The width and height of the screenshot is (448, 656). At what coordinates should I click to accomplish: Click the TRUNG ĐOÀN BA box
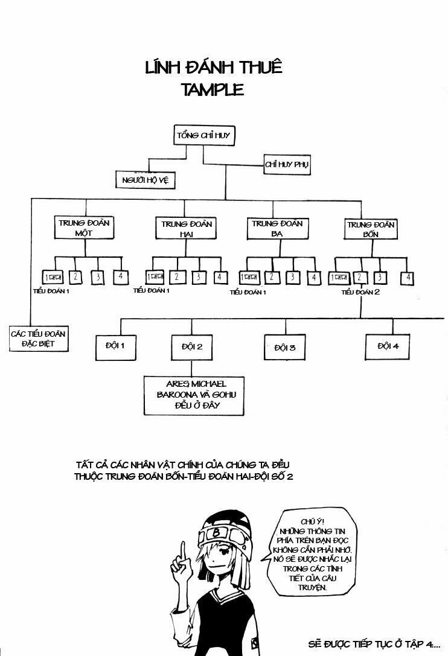[x=277, y=228]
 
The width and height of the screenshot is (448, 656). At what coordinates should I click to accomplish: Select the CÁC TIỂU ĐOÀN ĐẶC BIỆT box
[x=40, y=338]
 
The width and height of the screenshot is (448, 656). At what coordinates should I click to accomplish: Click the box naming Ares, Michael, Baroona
[x=193, y=395]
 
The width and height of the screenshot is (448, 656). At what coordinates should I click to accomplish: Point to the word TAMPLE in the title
[x=212, y=90]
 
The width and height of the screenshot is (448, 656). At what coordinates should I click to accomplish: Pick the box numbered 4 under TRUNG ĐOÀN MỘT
[x=120, y=277]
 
